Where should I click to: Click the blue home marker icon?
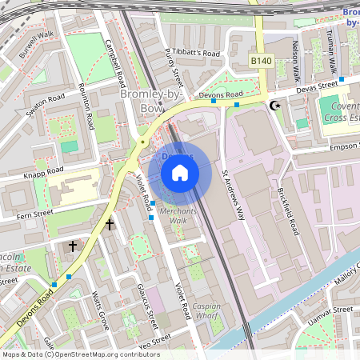[x=180, y=172]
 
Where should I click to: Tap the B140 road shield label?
[x=261, y=61]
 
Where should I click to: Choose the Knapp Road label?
[x=42, y=172]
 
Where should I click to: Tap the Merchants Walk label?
[x=172, y=215]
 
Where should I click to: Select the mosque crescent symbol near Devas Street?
[x=276, y=105]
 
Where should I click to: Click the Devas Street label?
[x=318, y=85]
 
